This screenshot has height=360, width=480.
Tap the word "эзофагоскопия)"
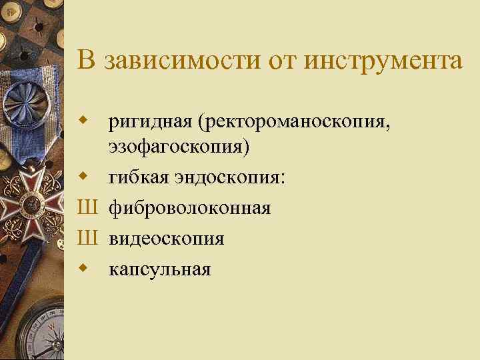click(x=180, y=148)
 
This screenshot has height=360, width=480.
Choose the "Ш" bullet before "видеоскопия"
click(x=87, y=239)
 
